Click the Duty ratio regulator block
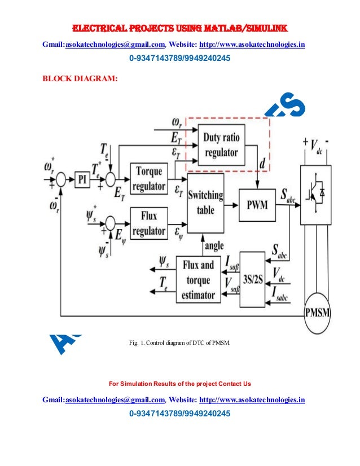click(x=222, y=144)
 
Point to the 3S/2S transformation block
click(x=252, y=279)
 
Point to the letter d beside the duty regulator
click(x=263, y=164)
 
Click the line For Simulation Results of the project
click(x=179, y=384)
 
